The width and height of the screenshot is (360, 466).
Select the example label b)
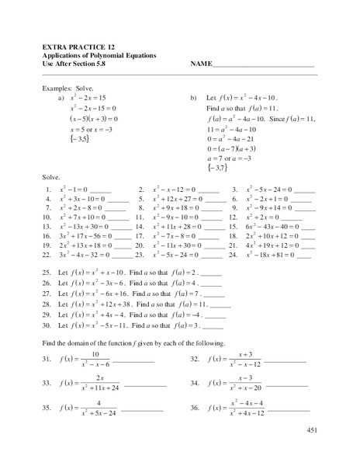point(193,98)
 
